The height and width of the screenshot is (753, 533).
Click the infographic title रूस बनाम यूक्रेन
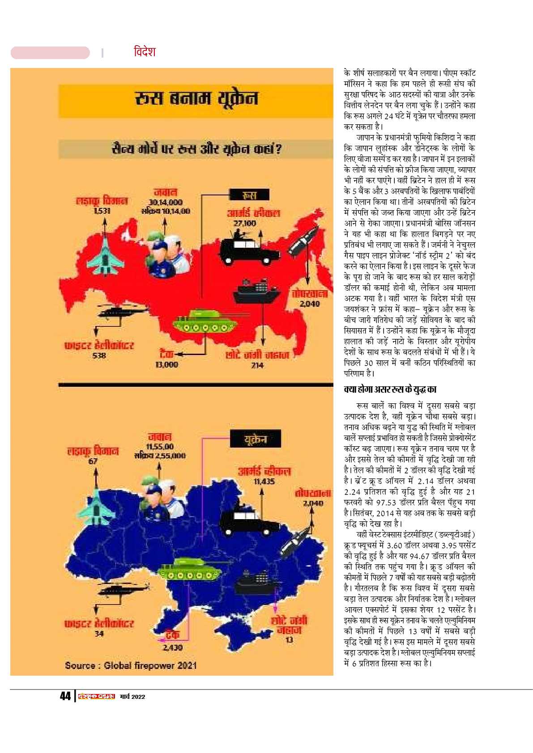click(196, 98)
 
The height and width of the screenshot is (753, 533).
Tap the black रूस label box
click(249, 195)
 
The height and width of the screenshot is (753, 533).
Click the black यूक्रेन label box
click(256, 439)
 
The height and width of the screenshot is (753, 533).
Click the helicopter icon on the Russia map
click(122, 311)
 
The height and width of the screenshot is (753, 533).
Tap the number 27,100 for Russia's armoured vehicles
click(244, 223)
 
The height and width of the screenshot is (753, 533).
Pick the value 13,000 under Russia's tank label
click(166, 365)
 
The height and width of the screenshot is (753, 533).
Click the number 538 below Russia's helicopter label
click(99, 355)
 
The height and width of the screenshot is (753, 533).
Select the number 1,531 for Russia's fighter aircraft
click(102, 211)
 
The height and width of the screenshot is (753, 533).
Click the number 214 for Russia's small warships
click(257, 365)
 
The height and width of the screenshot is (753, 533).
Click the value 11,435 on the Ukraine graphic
click(264, 482)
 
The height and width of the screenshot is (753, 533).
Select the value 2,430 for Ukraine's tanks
click(172, 647)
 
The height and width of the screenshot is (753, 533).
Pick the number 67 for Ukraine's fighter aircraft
click(93, 461)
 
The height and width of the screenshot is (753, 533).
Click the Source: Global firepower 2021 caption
click(131, 665)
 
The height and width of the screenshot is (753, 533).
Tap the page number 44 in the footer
click(65, 696)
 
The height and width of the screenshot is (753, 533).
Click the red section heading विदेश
click(145, 52)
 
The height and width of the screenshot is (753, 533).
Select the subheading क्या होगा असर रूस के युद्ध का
click(390, 389)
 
